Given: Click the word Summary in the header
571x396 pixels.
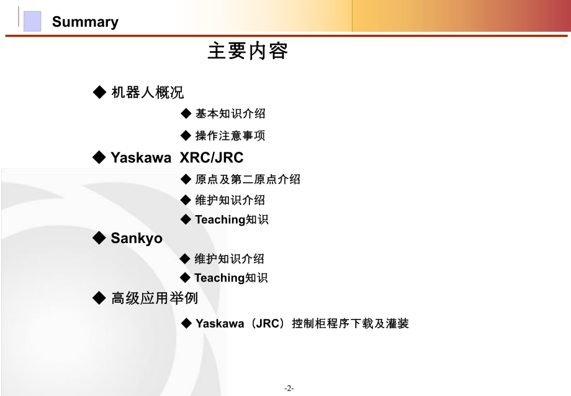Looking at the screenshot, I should [x=85, y=22].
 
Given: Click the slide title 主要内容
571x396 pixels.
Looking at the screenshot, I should [x=247, y=51].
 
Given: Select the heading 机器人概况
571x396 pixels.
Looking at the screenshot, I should [x=147, y=93].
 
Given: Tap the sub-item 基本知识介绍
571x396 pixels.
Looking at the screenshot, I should [x=230, y=114].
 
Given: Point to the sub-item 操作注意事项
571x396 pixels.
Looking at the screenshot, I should [x=230, y=136].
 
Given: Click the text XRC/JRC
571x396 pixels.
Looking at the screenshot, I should [x=211, y=158].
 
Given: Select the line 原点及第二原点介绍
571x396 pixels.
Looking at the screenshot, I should [x=248, y=179].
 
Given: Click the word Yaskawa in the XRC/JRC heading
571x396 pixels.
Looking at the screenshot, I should [x=141, y=158].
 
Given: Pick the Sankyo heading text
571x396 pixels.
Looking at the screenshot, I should [x=137, y=238].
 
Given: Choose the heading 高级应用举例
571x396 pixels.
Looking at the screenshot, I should [x=155, y=298].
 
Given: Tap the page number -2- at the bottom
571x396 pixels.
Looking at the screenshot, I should [x=289, y=388].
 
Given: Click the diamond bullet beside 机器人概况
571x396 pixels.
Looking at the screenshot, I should [x=99, y=93].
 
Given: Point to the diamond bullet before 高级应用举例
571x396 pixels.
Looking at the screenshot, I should [x=99, y=298].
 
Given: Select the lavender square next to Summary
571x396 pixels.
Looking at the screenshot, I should [x=32, y=21].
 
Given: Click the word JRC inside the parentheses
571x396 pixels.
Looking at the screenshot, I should [x=268, y=323].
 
